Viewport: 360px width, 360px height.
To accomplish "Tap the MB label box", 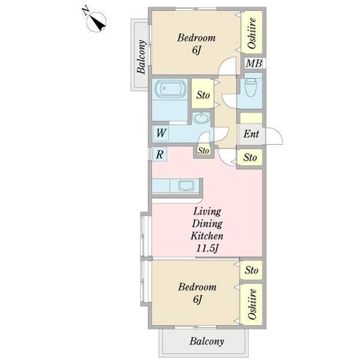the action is coord(253,63).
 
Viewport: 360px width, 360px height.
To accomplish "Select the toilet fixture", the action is coord(250,88).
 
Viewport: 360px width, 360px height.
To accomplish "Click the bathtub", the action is coord(170,88).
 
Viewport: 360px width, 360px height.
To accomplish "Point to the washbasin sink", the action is coord(201,118).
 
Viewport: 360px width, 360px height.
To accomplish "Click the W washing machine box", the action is coord(161,133).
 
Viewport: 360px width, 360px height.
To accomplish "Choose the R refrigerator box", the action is coord(160,154).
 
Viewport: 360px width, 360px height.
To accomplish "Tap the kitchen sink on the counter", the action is coord(186,185).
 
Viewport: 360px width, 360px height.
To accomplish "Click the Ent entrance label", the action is coord(251,134).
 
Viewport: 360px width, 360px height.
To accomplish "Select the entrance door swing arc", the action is coord(278,133).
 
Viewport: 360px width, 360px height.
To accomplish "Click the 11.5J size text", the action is coord(207,248).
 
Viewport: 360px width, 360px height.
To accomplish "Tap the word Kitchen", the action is coord(207,236).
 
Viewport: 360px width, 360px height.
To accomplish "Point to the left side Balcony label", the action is coord(142,57).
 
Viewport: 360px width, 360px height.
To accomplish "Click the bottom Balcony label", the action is coord(206,341).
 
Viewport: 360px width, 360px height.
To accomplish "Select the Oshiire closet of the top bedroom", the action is coord(252,32).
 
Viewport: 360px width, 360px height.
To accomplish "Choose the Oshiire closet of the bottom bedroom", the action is coord(251,304).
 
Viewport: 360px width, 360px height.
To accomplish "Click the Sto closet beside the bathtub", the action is coord(203,94).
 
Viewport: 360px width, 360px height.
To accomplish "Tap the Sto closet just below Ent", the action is coord(250,157).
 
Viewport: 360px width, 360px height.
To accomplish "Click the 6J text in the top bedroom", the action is coord(196,50).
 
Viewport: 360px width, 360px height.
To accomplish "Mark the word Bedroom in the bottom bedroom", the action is coord(197,287).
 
